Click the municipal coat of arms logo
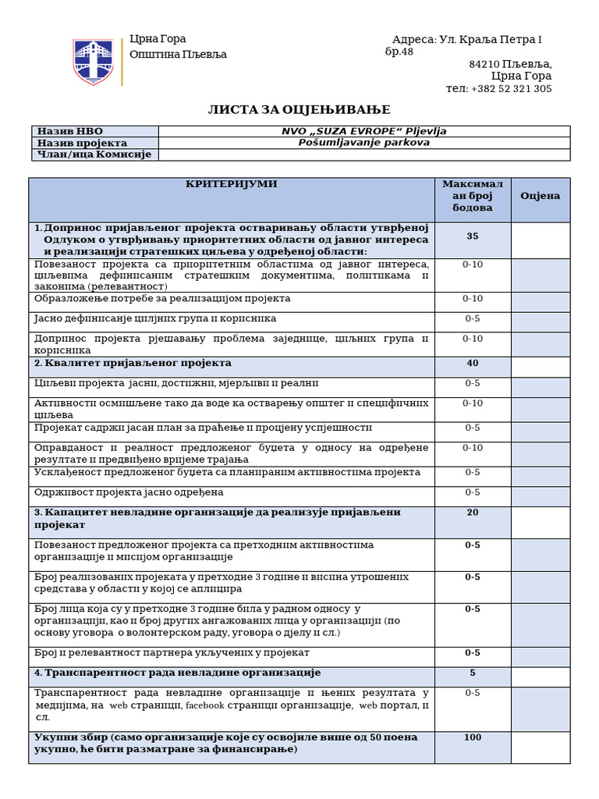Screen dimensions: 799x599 (x=93, y=62)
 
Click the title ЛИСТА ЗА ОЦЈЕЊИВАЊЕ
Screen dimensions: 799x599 (x=299, y=110)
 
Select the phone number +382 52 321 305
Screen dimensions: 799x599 (x=511, y=89)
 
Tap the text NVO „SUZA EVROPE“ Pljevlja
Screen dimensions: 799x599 (x=363, y=131)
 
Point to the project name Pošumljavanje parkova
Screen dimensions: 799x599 (x=363, y=143)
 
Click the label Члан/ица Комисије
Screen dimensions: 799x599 (x=94, y=154)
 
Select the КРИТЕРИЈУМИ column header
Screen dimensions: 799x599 (x=231, y=184)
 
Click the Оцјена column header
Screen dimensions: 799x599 (x=540, y=196)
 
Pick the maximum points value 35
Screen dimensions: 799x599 (x=473, y=236)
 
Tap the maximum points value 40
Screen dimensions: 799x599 (x=473, y=364)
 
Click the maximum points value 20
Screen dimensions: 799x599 (x=473, y=513)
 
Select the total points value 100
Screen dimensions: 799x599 (x=473, y=737)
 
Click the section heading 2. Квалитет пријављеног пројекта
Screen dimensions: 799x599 (x=133, y=364)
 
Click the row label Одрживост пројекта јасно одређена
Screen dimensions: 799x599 (x=129, y=492)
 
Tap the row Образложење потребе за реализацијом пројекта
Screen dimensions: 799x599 (x=162, y=299)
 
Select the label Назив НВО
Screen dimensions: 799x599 (x=69, y=131)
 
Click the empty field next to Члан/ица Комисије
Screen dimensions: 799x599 (x=363, y=154)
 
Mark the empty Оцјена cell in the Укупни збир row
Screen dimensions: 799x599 (x=540, y=748)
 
